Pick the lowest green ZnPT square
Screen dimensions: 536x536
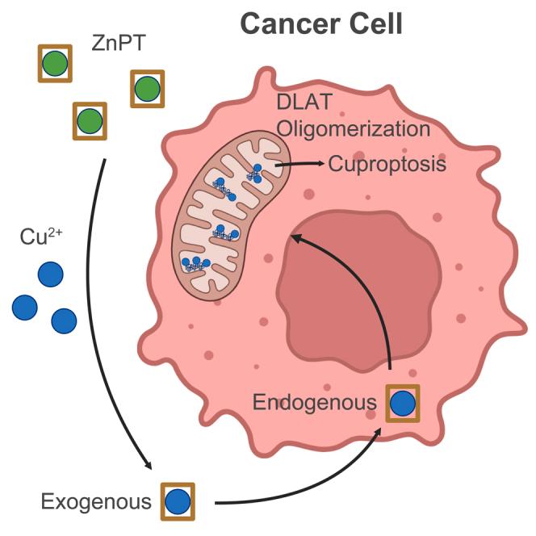tap(90, 122)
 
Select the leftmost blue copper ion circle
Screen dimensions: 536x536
tap(25, 307)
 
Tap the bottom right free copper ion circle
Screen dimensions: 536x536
tap(64, 320)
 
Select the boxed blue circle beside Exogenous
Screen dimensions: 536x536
tap(178, 501)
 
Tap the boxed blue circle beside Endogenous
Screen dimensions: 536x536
tap(403, 403)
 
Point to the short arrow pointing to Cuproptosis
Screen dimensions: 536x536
tap(299, 165)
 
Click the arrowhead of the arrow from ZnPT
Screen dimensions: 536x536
tap(149, 467)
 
